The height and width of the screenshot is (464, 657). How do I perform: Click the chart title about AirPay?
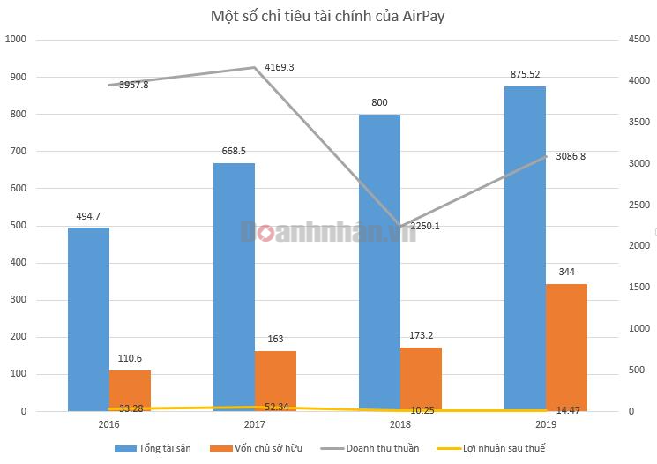tap(328, 16)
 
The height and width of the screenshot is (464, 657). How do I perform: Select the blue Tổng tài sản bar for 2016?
tap(88, 319)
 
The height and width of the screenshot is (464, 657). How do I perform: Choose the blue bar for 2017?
tap(234, 287)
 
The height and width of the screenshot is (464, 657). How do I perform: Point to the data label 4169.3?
tap(279, 67)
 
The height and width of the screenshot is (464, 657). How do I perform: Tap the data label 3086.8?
tap(571, 156)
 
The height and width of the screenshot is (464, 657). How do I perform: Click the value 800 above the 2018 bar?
tap(379, 103)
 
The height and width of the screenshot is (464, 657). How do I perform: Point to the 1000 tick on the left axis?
tap(17, 40)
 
